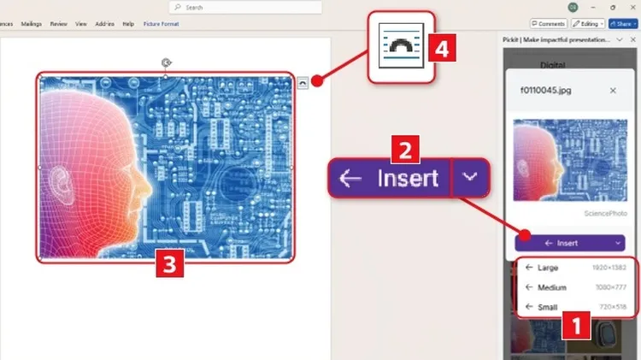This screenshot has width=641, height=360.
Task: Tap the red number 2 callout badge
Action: (x=404, y=150)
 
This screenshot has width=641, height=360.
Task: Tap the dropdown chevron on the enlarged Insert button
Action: (x=470, y=178)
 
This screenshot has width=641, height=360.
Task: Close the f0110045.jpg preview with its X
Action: (x=612, y=90)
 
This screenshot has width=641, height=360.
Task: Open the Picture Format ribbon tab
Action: (x=161, y=24)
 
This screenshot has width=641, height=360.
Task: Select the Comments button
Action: (x=548, y=24)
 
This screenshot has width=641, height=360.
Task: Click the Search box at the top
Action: (x=248, y=7)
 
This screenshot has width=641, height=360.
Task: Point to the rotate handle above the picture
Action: (x=166, y=62)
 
